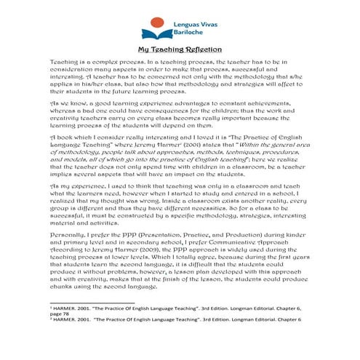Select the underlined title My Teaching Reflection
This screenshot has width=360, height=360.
click(180, 50)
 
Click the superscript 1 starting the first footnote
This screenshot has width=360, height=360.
click(50, 328)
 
